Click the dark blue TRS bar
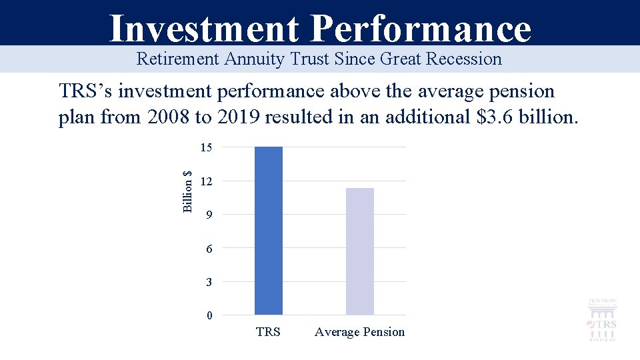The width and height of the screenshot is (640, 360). point(269,231)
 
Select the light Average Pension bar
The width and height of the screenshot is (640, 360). point(360,251)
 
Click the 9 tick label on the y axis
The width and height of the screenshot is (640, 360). point(209,215)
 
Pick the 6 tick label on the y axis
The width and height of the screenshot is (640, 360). point(209,249)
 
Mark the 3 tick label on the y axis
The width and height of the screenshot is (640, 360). point(209,282)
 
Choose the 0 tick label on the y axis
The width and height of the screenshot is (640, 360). point(209,316)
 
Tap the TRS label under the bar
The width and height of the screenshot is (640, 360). point(268,332)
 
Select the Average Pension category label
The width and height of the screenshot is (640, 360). point(359,332)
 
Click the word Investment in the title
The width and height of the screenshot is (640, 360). point(204,28)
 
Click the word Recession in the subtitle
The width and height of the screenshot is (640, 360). point(464,59)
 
